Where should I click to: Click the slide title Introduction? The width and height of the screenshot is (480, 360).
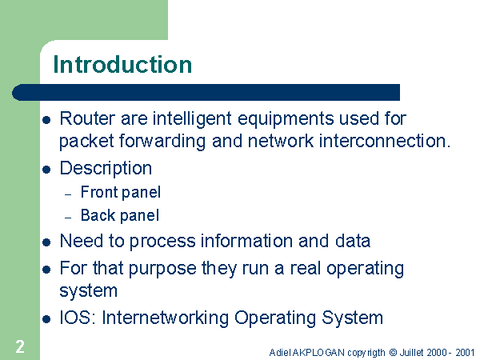(x=122, y=64)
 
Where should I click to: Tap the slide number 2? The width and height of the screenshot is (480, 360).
(x=20, y=346)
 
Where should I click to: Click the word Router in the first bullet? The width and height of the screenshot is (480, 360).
(x=87, y=118)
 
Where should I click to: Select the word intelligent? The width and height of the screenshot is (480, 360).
(x=192, y=119)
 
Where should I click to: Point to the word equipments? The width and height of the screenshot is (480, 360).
(x=286, y=119)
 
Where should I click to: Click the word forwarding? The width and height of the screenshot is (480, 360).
(x=162, y=142)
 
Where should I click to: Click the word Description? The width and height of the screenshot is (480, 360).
(x=106, y=169)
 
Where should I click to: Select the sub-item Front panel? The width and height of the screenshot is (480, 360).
(x=121, y=193)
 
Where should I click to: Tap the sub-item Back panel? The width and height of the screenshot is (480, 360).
(x=120, y=215)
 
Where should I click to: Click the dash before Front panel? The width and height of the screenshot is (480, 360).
(x=68, y=194)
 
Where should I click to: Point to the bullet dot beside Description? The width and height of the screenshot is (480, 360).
(x=46, y=170)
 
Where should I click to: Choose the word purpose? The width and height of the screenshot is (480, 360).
(x=162, y=270)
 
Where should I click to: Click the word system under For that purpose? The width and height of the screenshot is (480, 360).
(x=89, y=291)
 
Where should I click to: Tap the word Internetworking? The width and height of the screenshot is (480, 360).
(x=166, y=318)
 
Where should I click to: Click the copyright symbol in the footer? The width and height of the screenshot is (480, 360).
(x=393, y=353)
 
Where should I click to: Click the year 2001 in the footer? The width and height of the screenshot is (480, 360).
(x=465, y=353)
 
